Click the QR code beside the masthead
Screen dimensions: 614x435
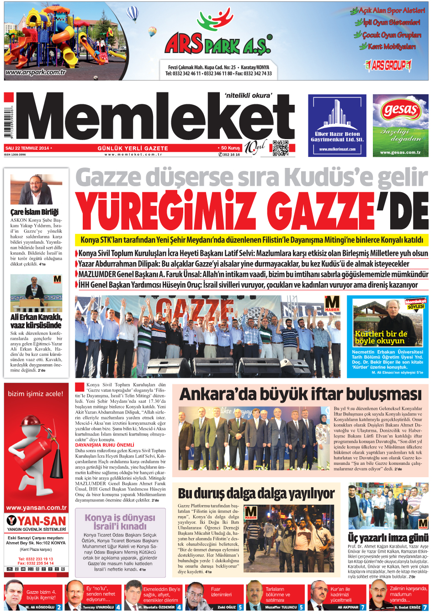[x=281, y=148]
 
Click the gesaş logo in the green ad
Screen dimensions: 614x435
[x=401, y=110]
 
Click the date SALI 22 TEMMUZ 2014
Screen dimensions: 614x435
[x=27, y=148]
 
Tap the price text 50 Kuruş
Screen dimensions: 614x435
[x=230, y=148]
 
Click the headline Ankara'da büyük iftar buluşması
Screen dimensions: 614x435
[x=300, y=394]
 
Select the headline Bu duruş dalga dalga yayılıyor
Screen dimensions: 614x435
[x=256, y=494]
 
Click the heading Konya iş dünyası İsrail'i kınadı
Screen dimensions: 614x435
[x=120, y=522]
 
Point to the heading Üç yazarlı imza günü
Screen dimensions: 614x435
[x=387, y=537]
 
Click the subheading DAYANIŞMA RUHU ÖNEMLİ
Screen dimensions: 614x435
[x=105, y=445]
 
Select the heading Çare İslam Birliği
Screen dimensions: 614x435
[x=34, y=212]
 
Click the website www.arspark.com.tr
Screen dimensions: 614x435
[x=36, y=72]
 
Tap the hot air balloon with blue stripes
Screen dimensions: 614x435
[x=133, y=14]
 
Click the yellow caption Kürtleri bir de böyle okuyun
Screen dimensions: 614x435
[x=381, y=337]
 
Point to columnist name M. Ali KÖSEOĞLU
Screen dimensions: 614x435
[x=40, y=607]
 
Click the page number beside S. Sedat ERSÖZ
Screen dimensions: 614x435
[x=425, y=607]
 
